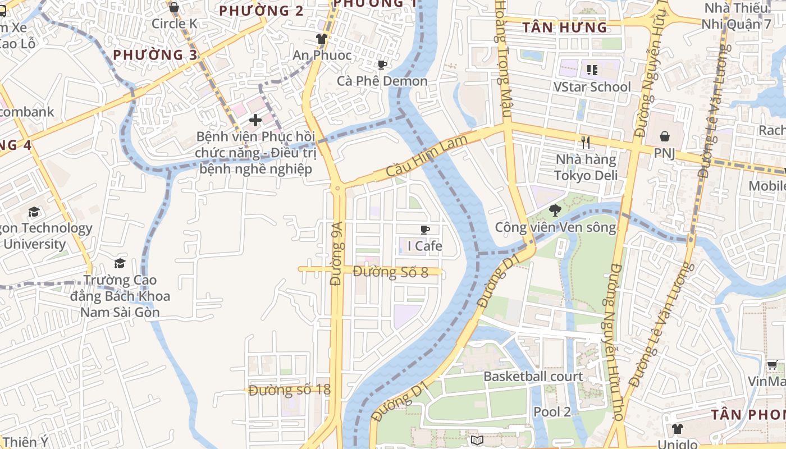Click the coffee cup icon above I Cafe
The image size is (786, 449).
(425, 230)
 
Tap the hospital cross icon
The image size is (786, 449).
(255, 120)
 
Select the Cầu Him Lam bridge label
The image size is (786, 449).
(427, 158)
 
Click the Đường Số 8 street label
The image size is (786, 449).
(391, 272)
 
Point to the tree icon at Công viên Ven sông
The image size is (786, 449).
(555, 210)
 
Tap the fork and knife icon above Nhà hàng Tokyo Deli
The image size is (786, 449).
(586, 143)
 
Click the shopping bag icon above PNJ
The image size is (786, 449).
(665, 136)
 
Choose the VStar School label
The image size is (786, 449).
(592, 87)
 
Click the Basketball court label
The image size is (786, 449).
(533, 376)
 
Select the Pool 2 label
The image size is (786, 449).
(552, 412)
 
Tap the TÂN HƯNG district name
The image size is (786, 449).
(565, 28)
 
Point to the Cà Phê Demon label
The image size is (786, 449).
(382, 81)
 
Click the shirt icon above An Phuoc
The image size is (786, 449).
(321, 39)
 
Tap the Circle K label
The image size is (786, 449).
(174, 24)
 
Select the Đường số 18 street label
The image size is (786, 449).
(289, 390)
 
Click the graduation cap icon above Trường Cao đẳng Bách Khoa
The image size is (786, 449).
(120, 263)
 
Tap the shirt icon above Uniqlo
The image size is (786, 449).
(678, 429)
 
